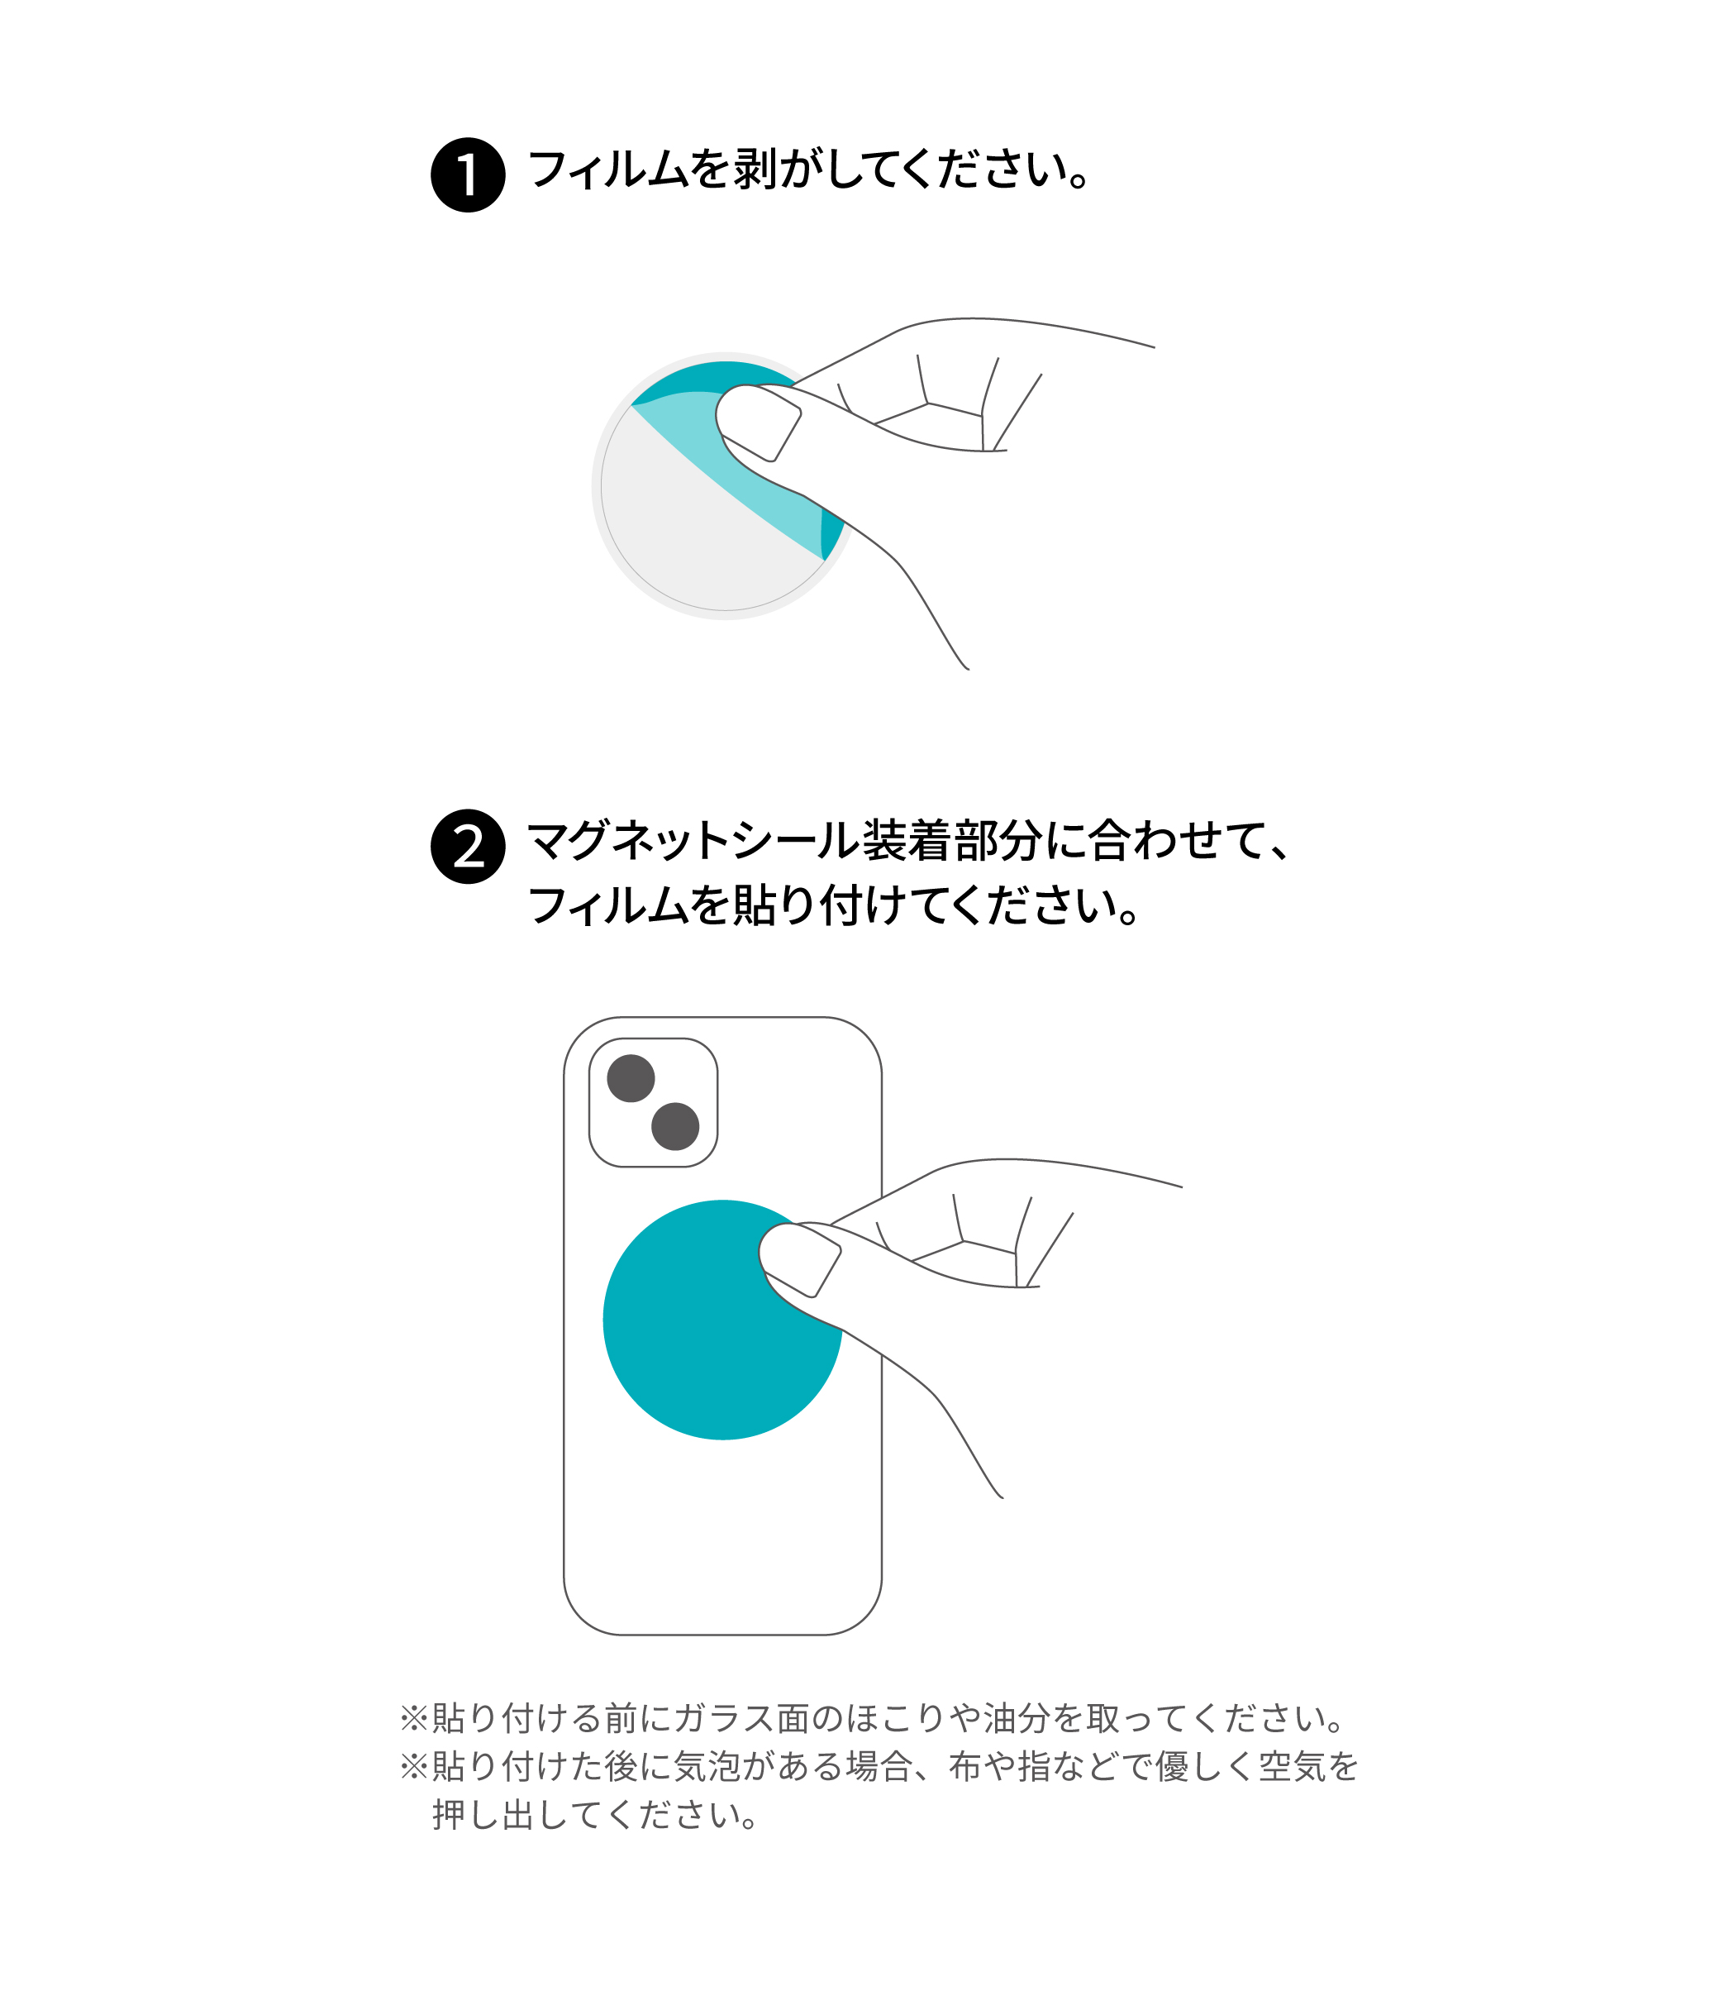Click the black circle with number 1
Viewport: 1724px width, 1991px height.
point(468,175)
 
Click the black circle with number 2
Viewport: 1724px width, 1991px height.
point(468,846)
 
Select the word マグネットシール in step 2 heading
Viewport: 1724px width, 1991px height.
point(693,840)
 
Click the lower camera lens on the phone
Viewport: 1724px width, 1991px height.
point(674,1126)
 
